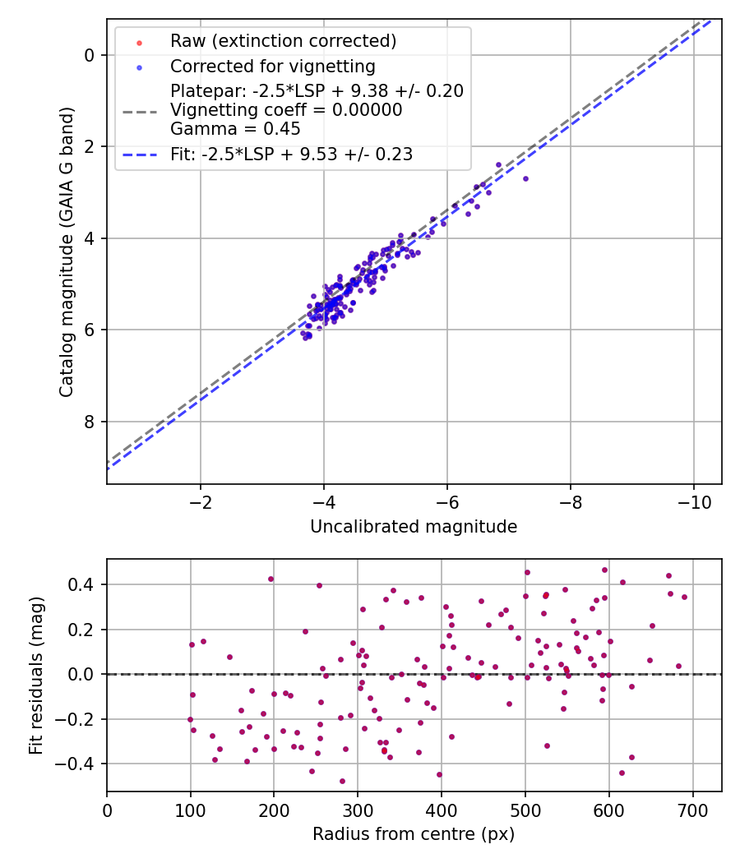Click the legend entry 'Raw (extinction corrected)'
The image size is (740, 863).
coord(283,40)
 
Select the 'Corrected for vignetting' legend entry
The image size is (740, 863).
coord(272,66)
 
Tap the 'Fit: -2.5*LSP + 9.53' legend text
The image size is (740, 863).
coord(291,154)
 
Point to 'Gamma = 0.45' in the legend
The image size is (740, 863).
coord(235,129)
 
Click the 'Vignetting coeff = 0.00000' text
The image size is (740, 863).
coord(286,110)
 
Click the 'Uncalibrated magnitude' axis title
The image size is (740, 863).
coord(414,527)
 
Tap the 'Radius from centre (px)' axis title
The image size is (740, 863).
coord(414,834)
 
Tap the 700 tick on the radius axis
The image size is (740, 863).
coord(692,810)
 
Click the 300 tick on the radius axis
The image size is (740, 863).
coord(358,810)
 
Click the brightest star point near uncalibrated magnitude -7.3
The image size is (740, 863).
coord(525,178)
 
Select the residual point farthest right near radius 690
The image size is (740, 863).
coord(684,597)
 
